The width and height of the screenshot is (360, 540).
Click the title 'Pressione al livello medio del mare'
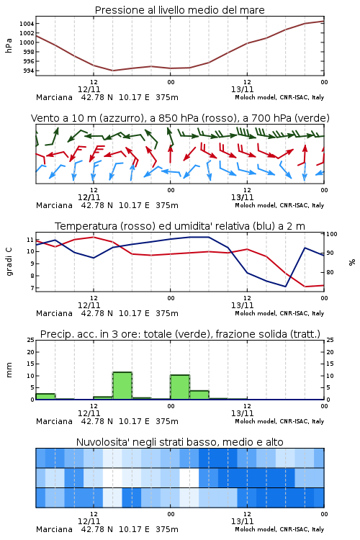point(179,10)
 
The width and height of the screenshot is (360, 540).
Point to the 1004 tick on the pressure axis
point(27,24)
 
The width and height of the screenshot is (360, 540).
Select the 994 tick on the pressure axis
point(28,71)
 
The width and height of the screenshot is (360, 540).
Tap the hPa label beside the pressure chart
point(9,45)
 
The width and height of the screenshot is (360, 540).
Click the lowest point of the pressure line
point(112,71)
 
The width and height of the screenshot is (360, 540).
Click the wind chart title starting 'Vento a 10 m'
point(180,118)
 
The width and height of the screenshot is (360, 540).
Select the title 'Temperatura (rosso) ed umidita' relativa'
point(179,226)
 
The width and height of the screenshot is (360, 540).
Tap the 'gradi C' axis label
point(9,261)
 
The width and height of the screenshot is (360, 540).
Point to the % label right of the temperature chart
point(352,262)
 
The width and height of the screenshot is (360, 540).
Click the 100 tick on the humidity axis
point(332,234)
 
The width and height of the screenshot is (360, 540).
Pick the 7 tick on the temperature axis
point(32,287)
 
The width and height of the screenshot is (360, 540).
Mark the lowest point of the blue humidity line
point(285,287)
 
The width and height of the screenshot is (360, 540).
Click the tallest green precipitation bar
point(122,386)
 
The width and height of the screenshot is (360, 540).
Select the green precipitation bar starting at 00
point(180,387)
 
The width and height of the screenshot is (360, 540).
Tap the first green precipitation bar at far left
point(45,397)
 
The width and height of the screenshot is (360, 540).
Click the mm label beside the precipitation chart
point(9,369)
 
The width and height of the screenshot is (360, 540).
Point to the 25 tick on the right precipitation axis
point(330,340)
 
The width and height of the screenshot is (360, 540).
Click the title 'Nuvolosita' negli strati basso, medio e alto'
point(179,442)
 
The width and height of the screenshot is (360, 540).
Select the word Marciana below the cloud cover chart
point(54,529)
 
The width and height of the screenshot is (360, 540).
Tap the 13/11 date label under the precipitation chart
point(242,413)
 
